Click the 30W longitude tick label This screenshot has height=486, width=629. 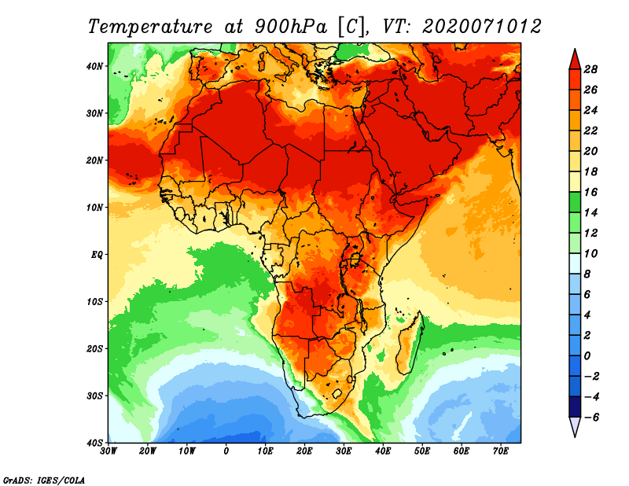109,451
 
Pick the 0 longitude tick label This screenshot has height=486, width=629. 226,451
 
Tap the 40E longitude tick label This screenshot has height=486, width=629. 383,451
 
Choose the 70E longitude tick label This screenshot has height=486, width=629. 501,451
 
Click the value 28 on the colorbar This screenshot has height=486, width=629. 592,68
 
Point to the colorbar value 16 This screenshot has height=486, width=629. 592,191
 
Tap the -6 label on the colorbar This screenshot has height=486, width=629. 590,417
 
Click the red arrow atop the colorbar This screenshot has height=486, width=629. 574,58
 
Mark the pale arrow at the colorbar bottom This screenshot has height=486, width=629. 574,427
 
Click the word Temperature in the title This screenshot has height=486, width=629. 149,25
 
